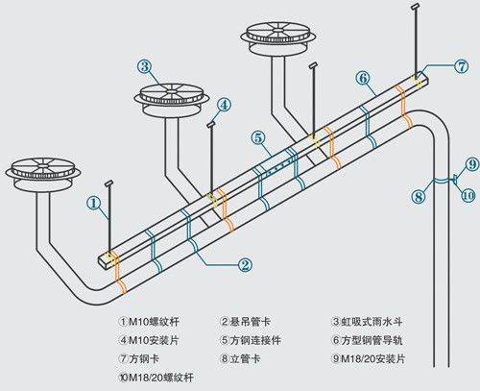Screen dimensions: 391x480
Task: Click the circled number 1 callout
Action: tap(93, 203)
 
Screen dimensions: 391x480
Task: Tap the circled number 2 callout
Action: tap(245, 264)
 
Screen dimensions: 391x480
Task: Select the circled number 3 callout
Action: tap(144, 66)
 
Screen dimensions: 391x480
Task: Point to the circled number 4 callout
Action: tap(223, 105)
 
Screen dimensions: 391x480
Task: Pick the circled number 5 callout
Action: tap(259, 137)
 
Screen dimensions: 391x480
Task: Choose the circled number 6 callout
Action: tap(363, 77)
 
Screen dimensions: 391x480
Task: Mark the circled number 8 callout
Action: tap(418, 196)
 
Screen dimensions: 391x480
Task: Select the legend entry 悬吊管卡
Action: tap(252, 322)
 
